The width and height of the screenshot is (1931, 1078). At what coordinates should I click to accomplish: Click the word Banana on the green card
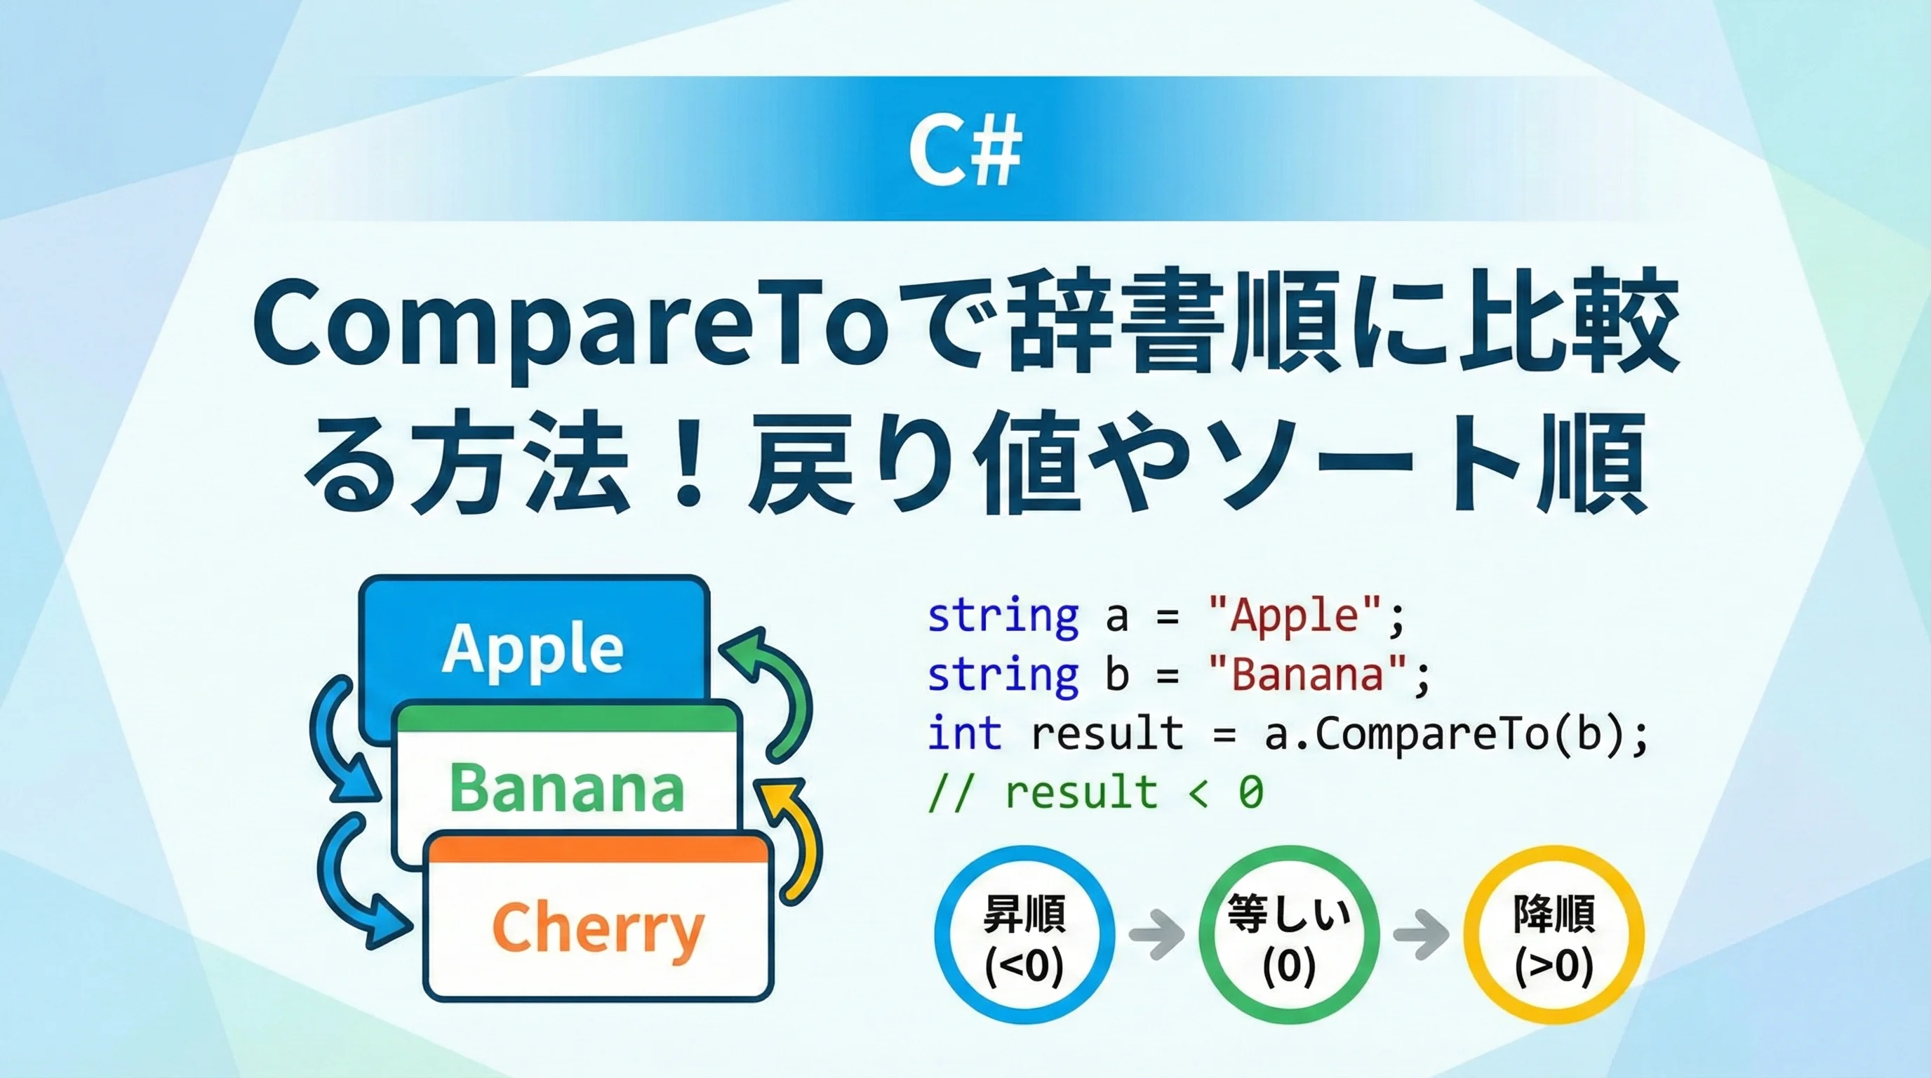click(x=567, y=787)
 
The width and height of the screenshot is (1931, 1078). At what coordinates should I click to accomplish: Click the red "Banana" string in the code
click(x=1308, y=674)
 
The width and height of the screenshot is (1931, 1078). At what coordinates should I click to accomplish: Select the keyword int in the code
click(x=965, y=733)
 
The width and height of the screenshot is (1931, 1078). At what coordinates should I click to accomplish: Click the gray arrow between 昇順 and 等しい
click(x=1156, y=935)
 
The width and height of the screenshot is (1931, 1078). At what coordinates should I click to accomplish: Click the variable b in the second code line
click(x=1117, y=674)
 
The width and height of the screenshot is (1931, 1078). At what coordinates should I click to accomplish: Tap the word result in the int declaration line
click(x=1107, y=733)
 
